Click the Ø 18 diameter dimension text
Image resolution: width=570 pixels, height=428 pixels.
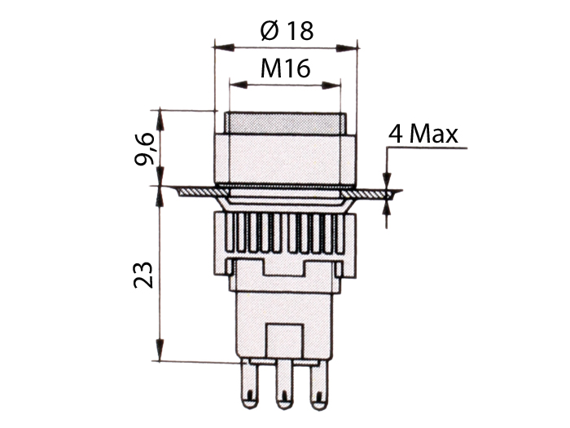287,30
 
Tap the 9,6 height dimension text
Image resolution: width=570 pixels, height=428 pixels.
145,148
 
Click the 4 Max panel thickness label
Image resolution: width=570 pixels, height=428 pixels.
423,134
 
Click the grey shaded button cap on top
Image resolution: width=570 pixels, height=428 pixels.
285,123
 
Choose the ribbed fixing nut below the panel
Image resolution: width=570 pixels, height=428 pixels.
285,233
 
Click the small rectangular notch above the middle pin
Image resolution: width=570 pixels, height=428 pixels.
285,338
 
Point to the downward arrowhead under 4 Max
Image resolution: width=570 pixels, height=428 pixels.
388,181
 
